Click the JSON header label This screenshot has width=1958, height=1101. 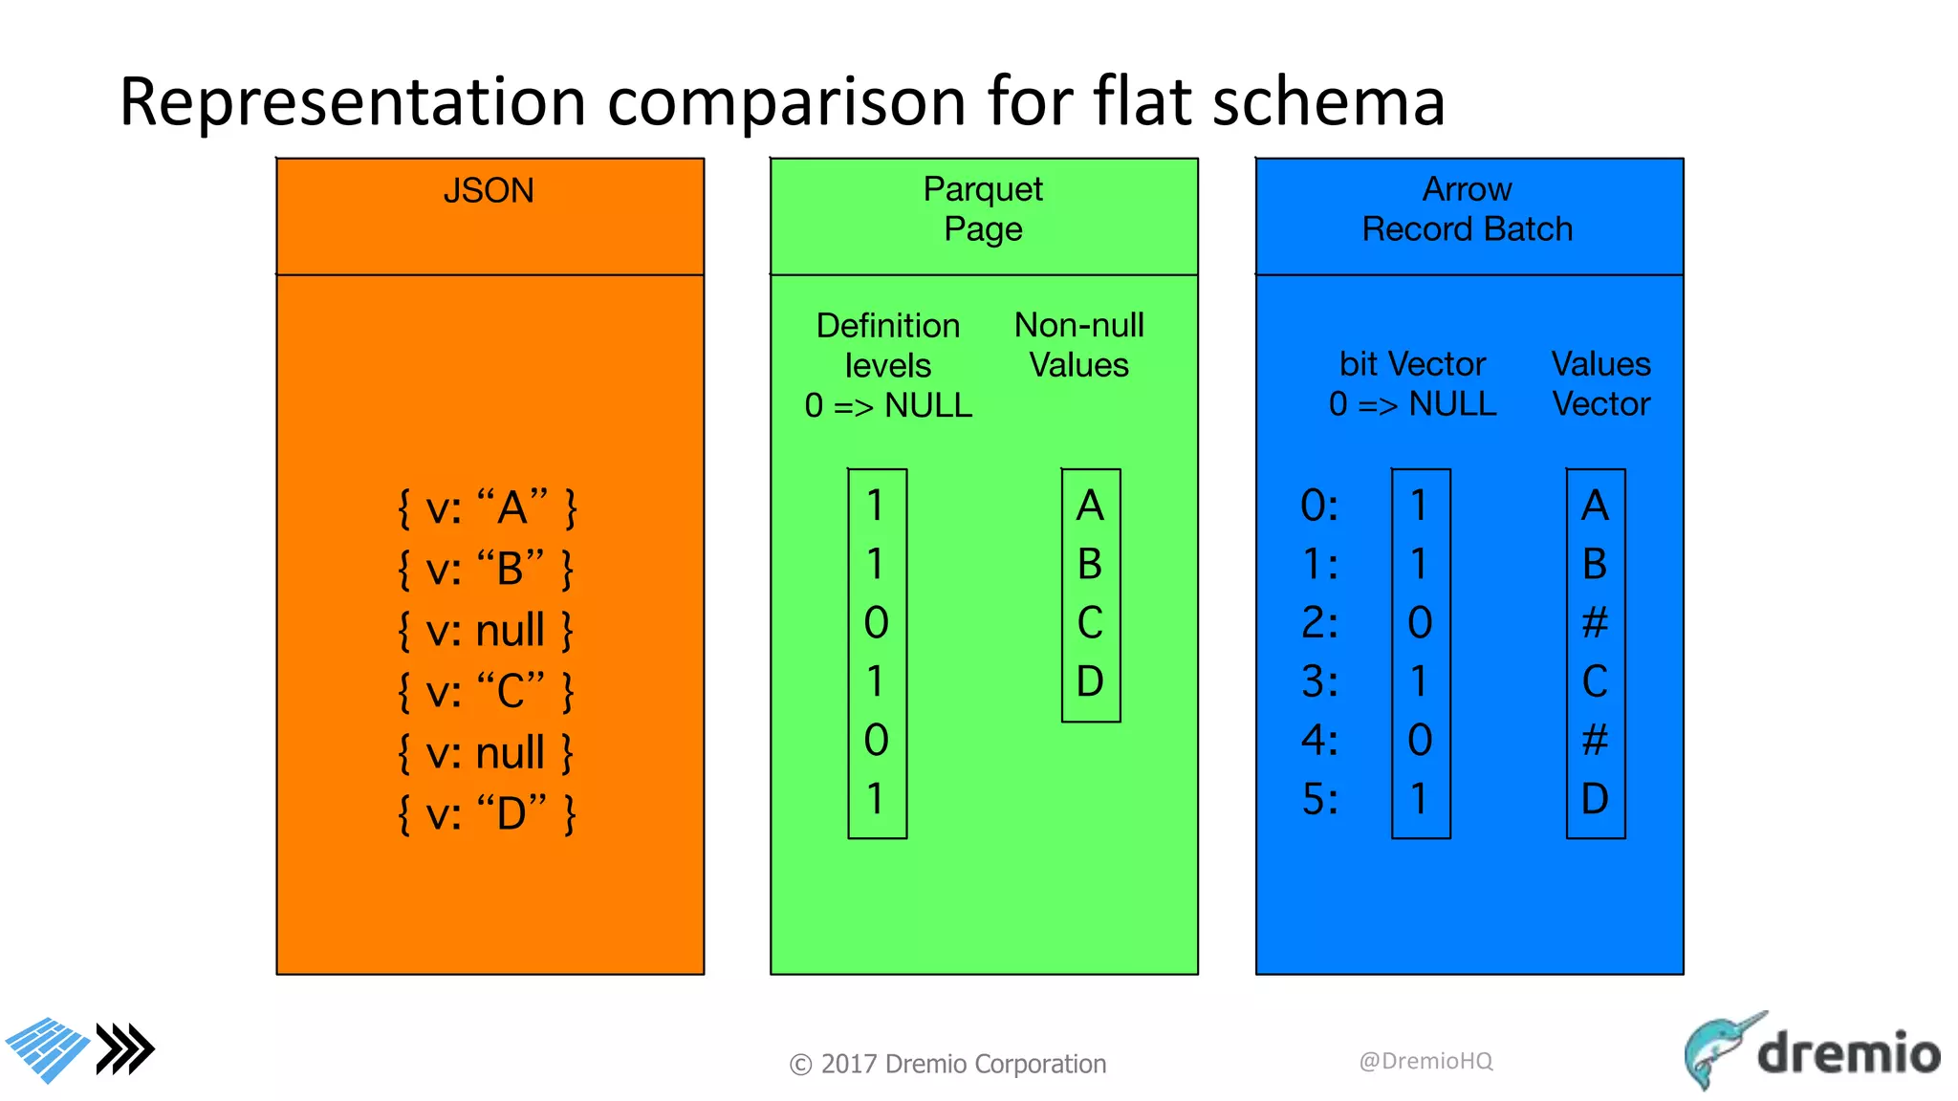click(x=489, y=191)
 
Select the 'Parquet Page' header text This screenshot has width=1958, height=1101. click(x=983, y=209)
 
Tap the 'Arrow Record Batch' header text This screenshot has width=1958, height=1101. click(x=1468, y=209)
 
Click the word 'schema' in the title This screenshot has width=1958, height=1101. click(x=1328, y=101)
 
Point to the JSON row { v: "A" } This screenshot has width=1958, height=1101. click(x=488, y=507)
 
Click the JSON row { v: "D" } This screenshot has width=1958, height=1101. click(x=487, y=814)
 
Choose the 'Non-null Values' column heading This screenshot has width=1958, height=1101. click(x=1078, y=345)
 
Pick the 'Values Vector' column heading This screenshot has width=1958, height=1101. click(x=1601, y=384)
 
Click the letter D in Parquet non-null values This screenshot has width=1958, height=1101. click(x=1090, y=681)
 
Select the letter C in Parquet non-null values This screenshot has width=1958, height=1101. click(x=1090, y=623)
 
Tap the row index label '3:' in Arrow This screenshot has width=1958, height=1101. click(x=1319, y=682)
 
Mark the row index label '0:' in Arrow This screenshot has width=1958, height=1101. click(x=1319, y=506)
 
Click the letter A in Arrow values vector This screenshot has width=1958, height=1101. click(x=1595, y=506)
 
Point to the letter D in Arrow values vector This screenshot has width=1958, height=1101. click(x=1595, y=799)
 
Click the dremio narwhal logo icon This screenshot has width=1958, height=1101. click(x=1721, y=1049)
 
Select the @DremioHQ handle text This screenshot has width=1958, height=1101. click(x=1425, y=1061)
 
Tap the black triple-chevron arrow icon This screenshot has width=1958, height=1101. click(x=125, y=1049)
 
